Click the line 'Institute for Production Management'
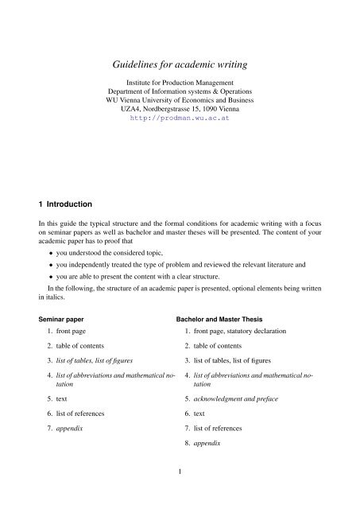click(x=179, y=84)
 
